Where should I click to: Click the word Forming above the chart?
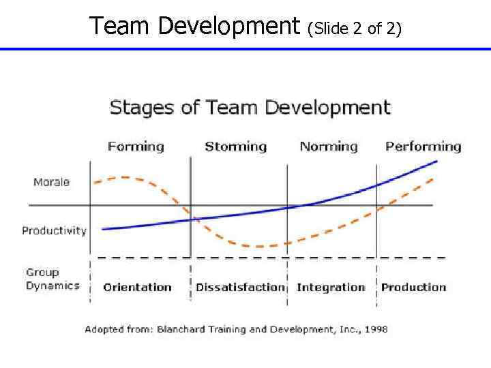click(x=136, y=147)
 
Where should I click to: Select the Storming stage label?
click(x=235, y=147)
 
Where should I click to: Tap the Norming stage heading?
click(x=329, y=147)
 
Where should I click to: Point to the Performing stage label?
click(x=423, y=147)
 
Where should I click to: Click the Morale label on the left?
click(x=52, y=183)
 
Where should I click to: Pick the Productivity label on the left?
click(x=54, y=230)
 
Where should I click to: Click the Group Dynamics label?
click(x=53, y=279)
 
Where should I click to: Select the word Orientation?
click(x=137, y=288)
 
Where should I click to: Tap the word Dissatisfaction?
click(x=239, y=288)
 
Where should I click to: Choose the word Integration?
click(x=331, y=288)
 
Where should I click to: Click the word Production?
click(x=413, y=288)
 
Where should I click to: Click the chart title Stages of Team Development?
click(x=250, y=108)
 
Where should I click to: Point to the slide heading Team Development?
click(x=195, y=26)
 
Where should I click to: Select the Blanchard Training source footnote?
click(x=236, y=329)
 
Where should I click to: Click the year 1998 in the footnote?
click(x=375, y=329)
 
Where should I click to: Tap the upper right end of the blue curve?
click(x=436, y=162)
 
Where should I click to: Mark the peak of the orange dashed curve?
click(x=124, y=177)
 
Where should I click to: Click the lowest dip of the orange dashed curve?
click(x=263, y=246)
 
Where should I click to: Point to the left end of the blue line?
click(x=102, y=229)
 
